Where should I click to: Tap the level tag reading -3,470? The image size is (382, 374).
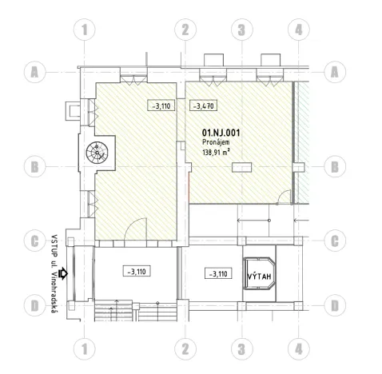point(203,105)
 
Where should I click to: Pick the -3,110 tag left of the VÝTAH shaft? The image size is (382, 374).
point(217,274)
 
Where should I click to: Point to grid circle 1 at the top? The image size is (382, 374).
point(85,30)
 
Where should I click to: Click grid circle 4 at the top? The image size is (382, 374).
point(298,30)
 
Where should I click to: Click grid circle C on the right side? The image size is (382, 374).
point(336,240)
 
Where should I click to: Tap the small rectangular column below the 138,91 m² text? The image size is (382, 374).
point(241,167)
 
